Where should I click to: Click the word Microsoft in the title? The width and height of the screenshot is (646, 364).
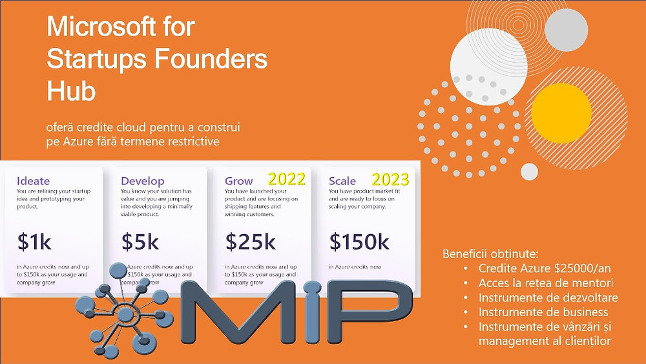[x=101, y=28]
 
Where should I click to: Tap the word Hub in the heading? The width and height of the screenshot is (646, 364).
[x=71, y=91]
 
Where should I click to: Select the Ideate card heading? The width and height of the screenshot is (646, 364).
[x=33, y=180]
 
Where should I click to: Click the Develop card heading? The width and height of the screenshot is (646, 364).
[x=143, y=181]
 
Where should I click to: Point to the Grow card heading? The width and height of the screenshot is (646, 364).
[x=239, y=181]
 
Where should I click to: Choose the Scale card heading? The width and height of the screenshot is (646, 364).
[x=342, y=181]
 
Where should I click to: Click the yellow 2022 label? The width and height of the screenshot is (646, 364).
[x=286, y=179]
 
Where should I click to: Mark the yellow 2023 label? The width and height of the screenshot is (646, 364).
[x=390, y=179]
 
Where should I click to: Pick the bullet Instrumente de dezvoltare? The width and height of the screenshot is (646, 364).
[x=548, y=297]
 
